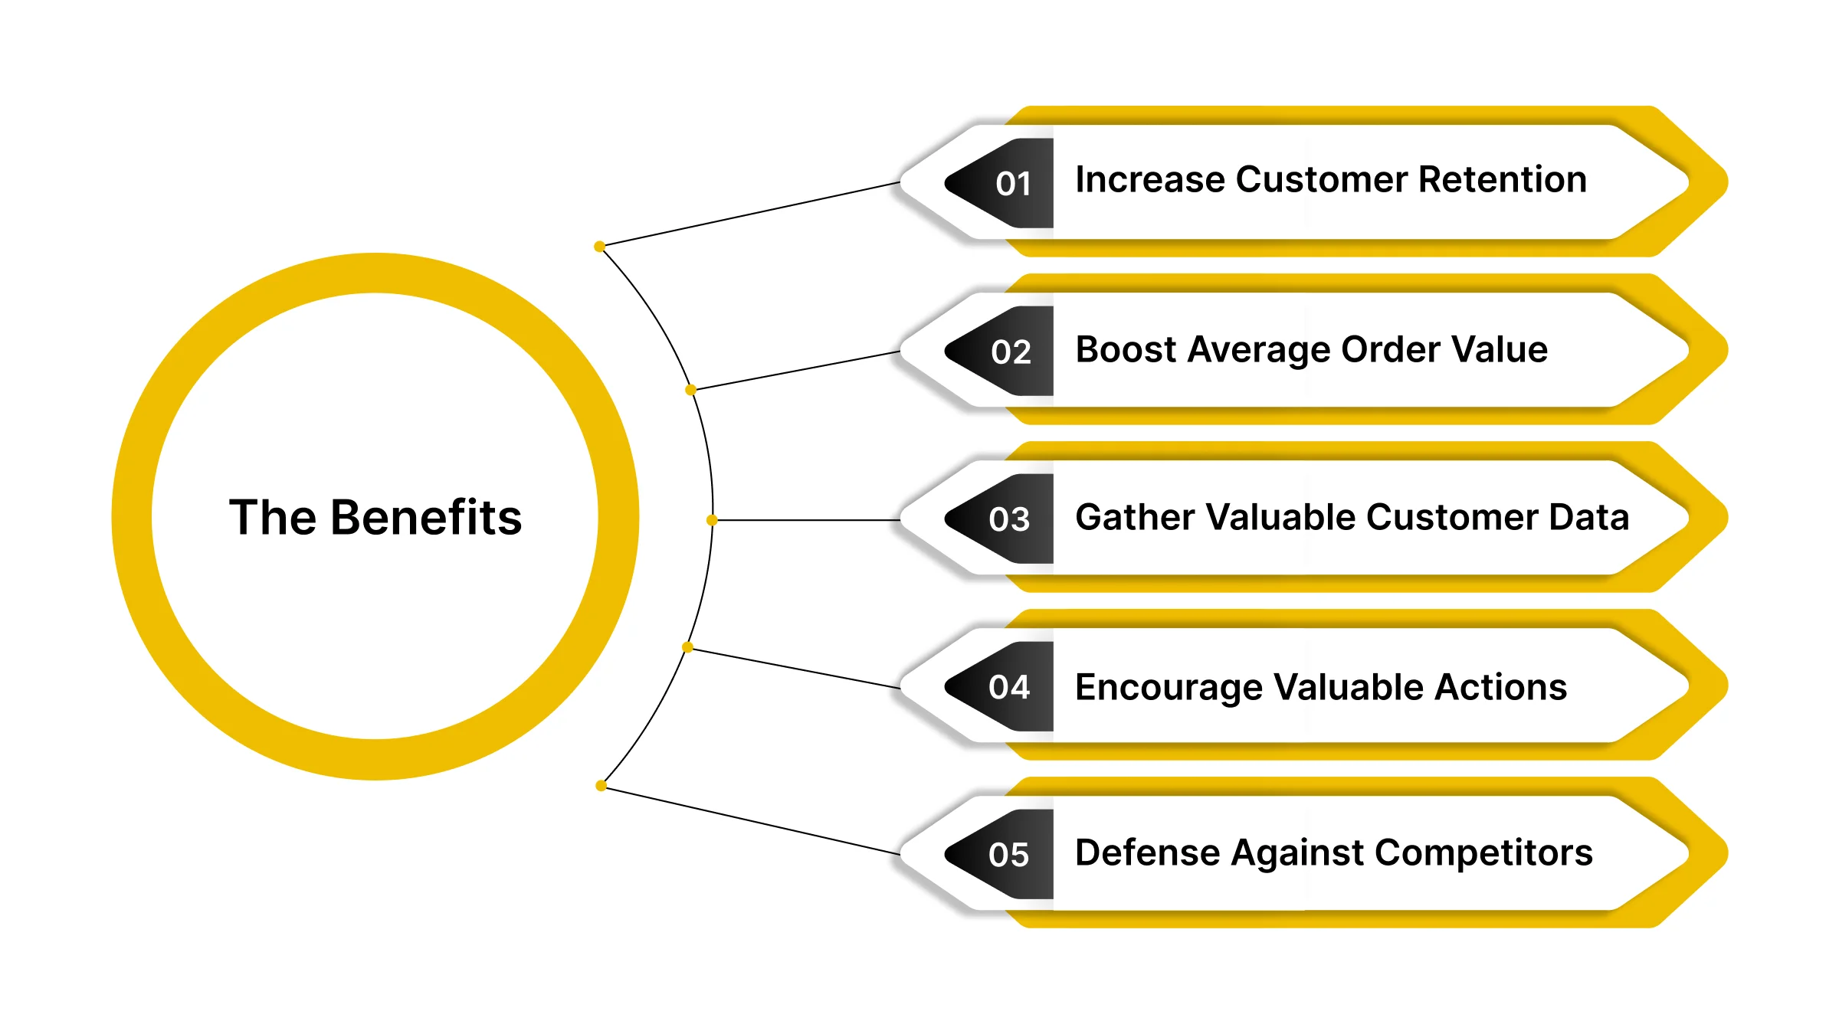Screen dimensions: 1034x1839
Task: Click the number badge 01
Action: point(1011,184)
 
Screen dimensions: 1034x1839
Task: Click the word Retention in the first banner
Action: point(1502,180)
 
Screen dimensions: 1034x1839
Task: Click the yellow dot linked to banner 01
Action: point(599,247)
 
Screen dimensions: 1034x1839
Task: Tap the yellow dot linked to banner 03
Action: point(712,520)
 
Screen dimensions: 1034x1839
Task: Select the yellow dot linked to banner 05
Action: point(601,786)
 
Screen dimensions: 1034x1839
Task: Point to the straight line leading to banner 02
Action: point(797,371)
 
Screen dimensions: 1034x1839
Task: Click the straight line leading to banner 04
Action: point(797,669)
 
